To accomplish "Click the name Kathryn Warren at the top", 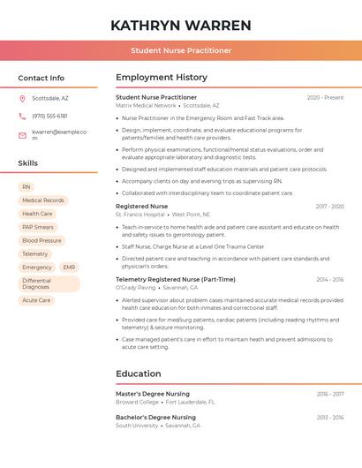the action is click(181, 25).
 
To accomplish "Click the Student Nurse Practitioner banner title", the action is click(181, 50).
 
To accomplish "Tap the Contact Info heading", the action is click(41, 78).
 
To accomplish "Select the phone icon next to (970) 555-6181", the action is click(22, 116).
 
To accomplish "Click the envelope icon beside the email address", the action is click(22, 135).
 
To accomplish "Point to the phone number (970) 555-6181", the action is click(49, 116).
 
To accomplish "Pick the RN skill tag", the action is click(26, 187).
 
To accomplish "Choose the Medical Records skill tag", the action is click(43, 200).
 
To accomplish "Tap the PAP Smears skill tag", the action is click(39, 227).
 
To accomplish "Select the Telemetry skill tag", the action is click(35, 253).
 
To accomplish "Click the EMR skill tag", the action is click(69, 267).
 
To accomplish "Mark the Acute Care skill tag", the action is click(36, 300).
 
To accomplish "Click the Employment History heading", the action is click(162, 78).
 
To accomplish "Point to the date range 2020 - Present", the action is click(325, 97).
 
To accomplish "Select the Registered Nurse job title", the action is click(141, 206).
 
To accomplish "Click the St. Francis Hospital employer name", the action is click(140, 215).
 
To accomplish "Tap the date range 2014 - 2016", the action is click(329, 279).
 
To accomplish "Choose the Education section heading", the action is click(138, 374).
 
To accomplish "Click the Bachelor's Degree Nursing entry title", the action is click(155, 417).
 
